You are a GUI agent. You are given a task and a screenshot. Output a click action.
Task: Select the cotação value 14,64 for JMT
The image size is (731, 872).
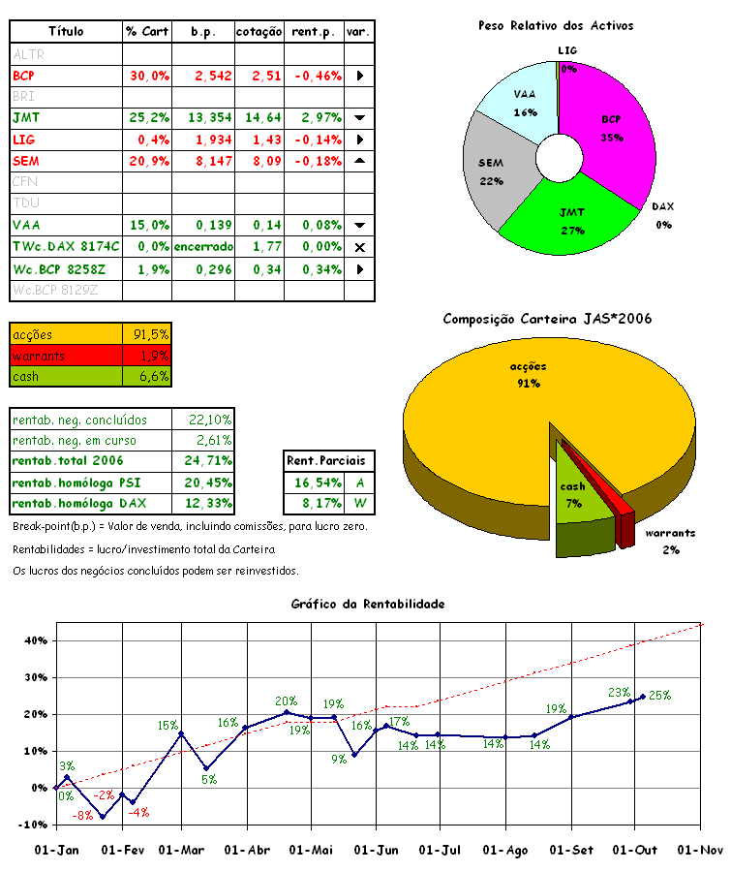point(259,117)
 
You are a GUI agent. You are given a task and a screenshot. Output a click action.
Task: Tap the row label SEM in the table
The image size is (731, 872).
point(26,160)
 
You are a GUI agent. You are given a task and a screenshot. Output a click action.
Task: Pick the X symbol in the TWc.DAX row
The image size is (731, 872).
point(359,247)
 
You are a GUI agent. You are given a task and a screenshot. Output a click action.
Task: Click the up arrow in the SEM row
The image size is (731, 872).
point(359,160)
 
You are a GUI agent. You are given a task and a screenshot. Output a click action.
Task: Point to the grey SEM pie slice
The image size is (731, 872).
point(496,165)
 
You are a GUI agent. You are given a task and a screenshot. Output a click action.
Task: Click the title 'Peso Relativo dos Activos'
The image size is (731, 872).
point(555,26)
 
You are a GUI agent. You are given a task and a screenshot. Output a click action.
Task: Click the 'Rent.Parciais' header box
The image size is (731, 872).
point(330,460)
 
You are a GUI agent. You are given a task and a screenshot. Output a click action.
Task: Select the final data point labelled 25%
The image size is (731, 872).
point(643,696)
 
